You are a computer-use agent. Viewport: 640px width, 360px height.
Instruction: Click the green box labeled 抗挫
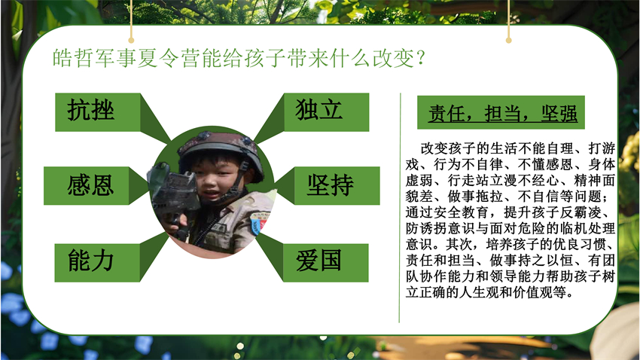[x=98, y=112]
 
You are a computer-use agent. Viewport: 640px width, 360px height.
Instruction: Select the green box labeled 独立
[x=326, y=112]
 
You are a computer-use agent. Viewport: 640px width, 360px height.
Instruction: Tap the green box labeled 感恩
[x=87, y=186]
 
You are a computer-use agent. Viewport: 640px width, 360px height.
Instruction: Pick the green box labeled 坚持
[x=337, y=186]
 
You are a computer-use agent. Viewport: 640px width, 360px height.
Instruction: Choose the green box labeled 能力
[x=97, y=263]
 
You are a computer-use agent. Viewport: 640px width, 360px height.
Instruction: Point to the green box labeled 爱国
[x=325, y=263]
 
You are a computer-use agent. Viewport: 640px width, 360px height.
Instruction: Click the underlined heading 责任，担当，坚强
[x=502, y=114]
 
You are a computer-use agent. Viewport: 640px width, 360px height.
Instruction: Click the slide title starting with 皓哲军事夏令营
[x=239, y=58]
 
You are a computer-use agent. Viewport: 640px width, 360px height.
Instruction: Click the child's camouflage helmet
[x=221, y=153]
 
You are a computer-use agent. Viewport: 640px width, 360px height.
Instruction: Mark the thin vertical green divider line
[x=400, y=208]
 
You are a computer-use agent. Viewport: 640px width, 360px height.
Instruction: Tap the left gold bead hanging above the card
[x=131, y=40]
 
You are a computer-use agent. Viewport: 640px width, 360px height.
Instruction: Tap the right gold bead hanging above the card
[x=508, y=40]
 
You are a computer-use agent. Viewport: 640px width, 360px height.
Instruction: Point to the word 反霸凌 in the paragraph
[x=581, y=212]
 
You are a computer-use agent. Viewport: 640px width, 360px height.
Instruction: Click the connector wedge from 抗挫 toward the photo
[x=155, y=118]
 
